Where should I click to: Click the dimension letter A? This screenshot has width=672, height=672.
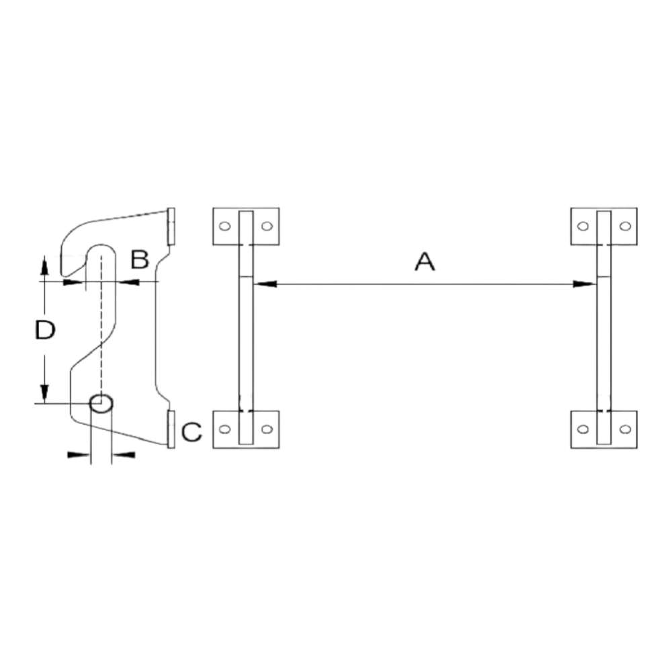[x=425, y=262]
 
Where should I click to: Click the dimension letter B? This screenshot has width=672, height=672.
[x=140, y=259]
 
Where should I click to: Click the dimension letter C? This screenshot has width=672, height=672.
[x=192, y=431]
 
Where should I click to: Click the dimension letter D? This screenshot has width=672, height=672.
[x=45, y=330]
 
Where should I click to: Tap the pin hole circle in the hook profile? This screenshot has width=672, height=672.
[x=101, y=403]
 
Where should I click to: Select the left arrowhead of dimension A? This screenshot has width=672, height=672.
[x=265, y=284]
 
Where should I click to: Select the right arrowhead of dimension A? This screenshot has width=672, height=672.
[x=585, y=284]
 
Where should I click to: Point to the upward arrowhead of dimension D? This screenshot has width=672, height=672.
[x=44, y=265]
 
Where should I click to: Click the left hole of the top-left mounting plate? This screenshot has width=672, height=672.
[x=224, y=226]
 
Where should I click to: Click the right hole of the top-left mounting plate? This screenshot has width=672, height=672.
[x=267, y=226]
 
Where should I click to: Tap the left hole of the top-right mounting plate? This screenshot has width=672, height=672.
[x=583, y=226]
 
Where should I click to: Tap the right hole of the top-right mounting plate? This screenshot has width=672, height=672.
[x=625, y=226]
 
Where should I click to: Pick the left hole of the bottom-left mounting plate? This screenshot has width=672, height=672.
[x=224, y=429]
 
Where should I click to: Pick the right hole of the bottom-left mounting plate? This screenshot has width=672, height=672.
[x=267, y=429]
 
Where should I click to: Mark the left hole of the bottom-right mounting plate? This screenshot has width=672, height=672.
[x=583, y=429]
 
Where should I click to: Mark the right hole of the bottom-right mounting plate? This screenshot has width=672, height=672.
[x=625, y=429]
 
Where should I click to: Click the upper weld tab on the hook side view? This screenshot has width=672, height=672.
[x=171, y=226]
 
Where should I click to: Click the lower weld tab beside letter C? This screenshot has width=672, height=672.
[x=171, y=429]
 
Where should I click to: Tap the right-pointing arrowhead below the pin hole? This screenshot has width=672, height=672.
[x=79, y=455]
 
